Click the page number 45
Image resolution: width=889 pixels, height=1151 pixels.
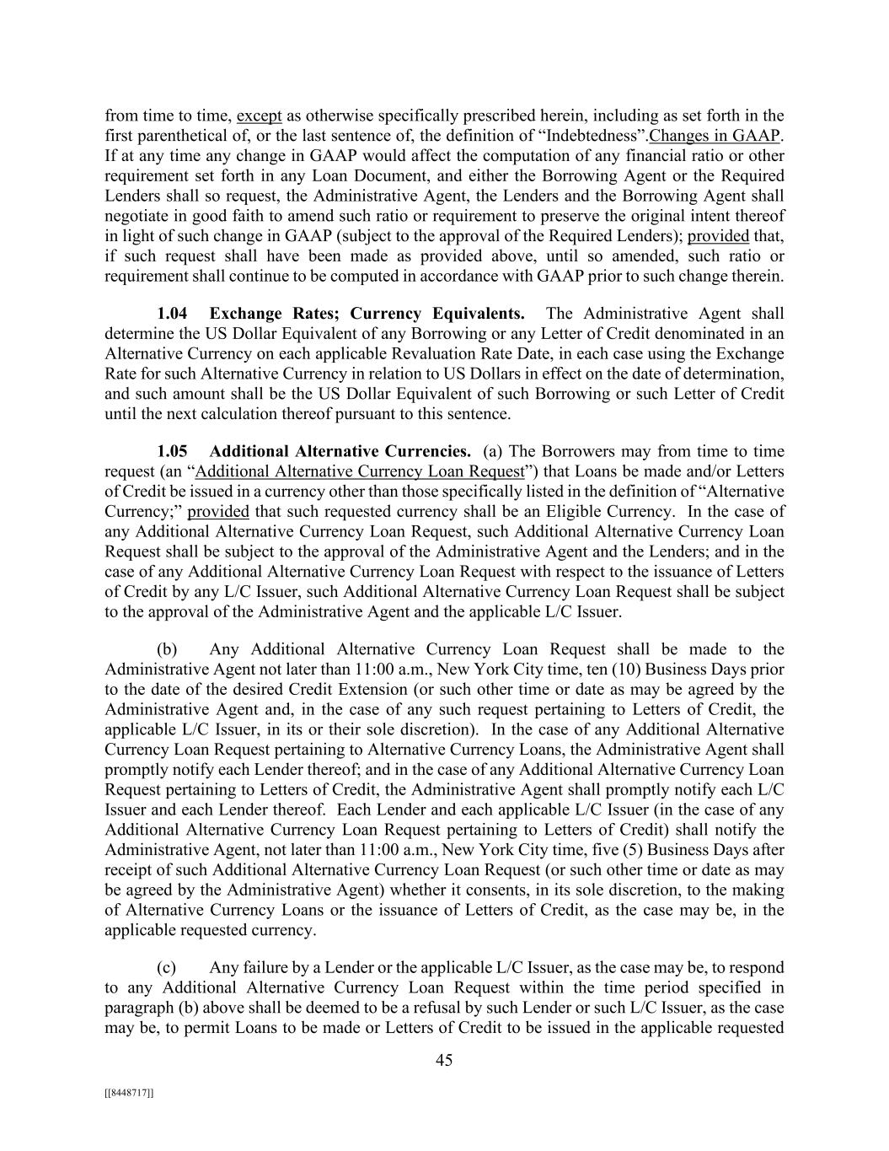[444, 1061]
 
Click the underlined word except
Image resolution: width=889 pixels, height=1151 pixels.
[260, 116]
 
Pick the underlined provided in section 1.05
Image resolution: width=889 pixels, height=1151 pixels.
[218, 512]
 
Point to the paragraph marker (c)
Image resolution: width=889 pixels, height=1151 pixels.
[166, 967]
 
